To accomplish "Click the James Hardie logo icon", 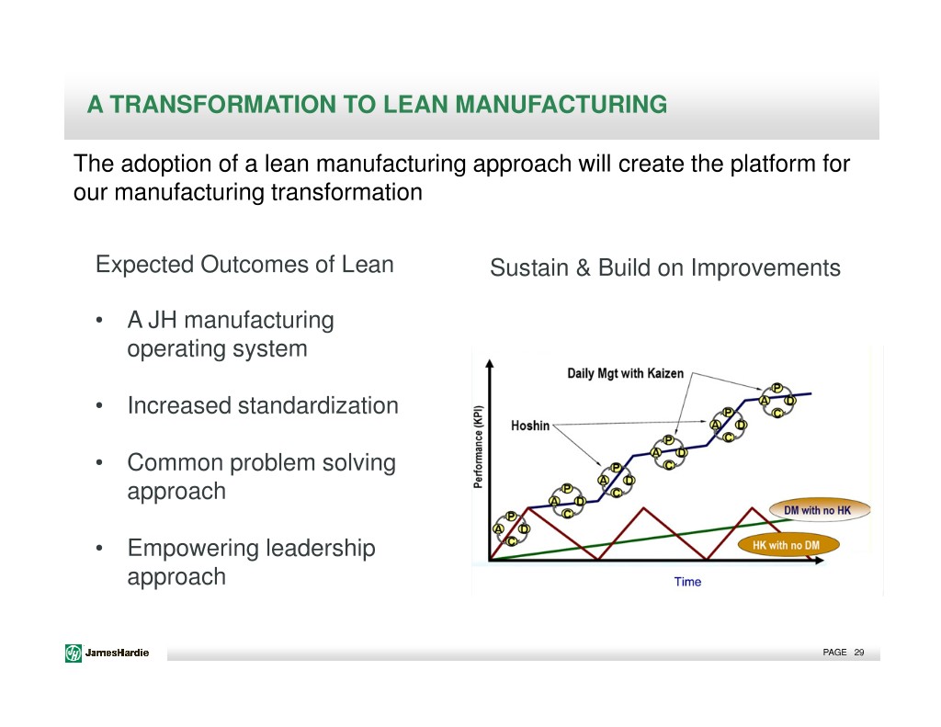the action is tap(74, 653).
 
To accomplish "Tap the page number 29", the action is tap(859, 652).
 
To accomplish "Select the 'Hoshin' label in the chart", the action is tap(530, 426).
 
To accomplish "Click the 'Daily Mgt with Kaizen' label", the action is tap(625, 373).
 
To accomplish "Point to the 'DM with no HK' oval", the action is tap(819, 510).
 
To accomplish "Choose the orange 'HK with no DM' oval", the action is tap(787, 545).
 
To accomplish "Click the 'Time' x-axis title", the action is tap(687, 582).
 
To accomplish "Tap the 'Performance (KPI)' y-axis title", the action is tap(478, 448).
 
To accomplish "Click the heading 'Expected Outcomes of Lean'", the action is tap(244, 265).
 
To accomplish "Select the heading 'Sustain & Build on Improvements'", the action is tap(665, 267).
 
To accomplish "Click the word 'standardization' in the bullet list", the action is tap(317, 406).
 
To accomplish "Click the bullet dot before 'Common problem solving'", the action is tap(99, 463).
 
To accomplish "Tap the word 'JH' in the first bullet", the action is tap(162, 321).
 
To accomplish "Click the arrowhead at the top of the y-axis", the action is tap(490, 363).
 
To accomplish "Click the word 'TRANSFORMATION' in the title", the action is tap(222, 105).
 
